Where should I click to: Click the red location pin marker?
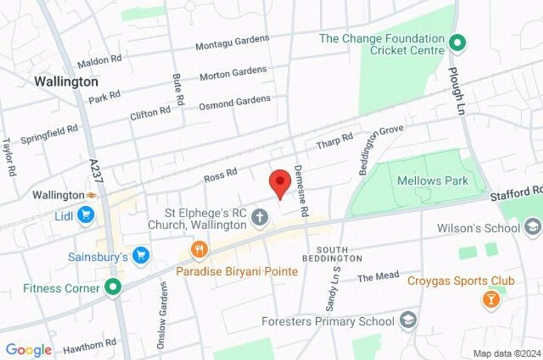(x=279, y=182)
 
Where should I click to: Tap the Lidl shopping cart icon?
(x=86, y=215)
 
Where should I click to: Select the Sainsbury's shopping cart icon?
(x=142, y=256)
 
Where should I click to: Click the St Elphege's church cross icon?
(x=260, y=218)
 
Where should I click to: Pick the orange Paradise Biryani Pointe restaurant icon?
(x=199, y=248)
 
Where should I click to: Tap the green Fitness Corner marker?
(x=112, y=288)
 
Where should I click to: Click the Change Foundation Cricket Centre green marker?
(x=458, y=43)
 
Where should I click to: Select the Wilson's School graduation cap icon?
(x=533, y=227)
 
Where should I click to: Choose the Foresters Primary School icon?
(x=408, y=320)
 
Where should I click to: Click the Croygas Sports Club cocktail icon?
(x=491, y=299)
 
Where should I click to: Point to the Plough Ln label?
(x=456, y=84)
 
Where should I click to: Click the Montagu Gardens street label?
(x=232, y=42)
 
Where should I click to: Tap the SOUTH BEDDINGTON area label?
(x=340, y=254)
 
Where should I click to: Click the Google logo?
(x=28, y=350)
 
